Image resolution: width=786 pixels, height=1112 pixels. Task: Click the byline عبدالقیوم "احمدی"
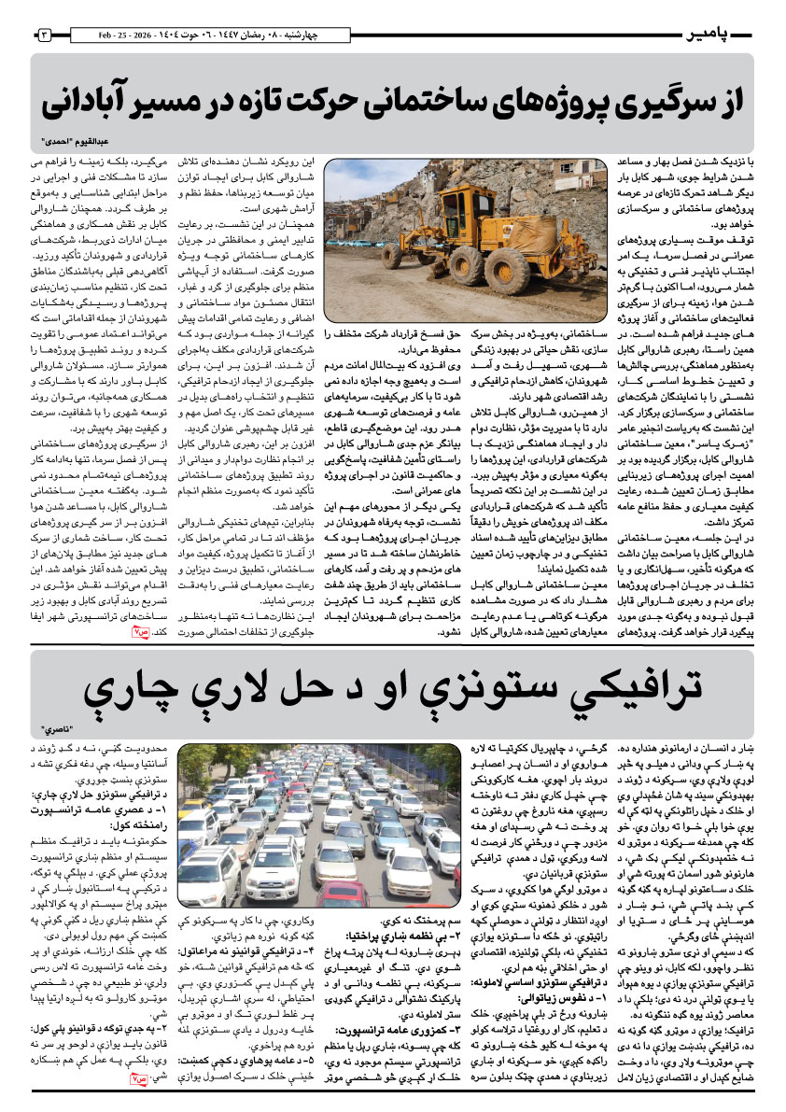coord(75,141)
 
